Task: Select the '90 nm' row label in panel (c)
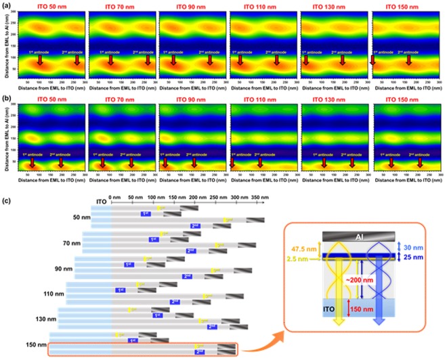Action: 64,269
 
